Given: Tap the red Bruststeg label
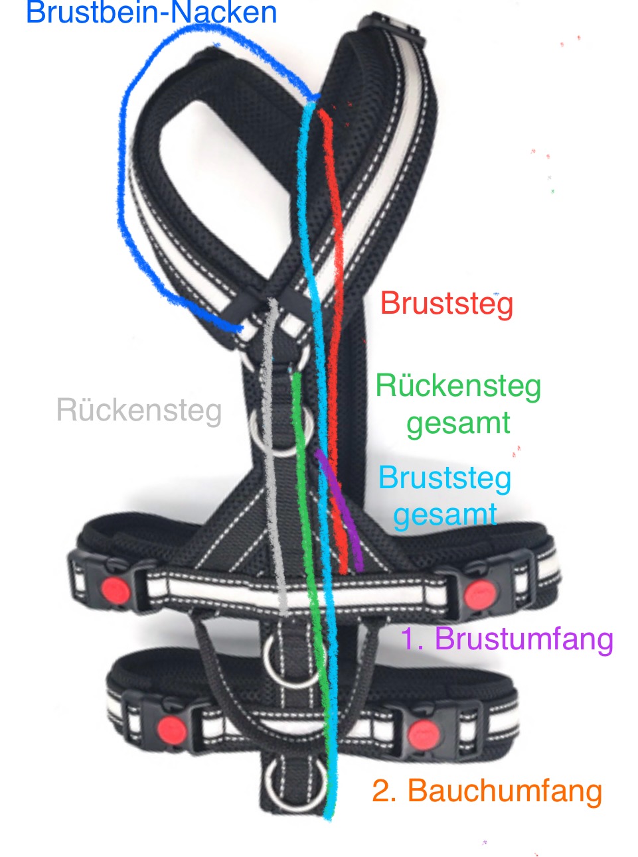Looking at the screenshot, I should point(447,304).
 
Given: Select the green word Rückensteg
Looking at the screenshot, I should point(458,386).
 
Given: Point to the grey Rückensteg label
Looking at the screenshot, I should point(139,410).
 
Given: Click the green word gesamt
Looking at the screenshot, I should point(458,423).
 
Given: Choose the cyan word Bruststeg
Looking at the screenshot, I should point(445,478).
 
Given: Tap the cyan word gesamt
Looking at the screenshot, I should point(445,515).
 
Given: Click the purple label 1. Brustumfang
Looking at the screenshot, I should point(507,639).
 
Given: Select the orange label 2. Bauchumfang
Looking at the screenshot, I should point(487,791).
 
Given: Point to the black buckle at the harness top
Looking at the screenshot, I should point(392,27).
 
